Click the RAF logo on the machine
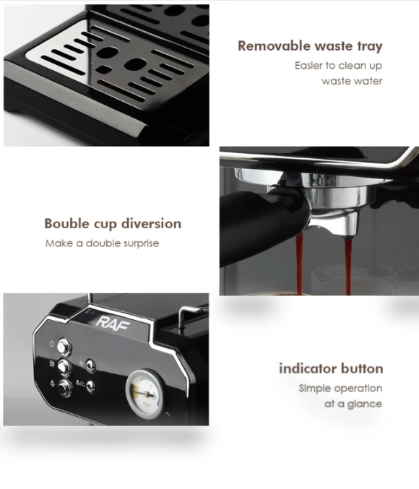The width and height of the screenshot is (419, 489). point(113,322)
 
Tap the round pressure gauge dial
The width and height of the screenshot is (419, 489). point(144,394)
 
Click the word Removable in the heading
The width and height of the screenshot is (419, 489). point(273,46)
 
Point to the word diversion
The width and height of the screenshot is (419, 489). point(151,224)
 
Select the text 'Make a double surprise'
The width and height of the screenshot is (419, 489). point(102,243)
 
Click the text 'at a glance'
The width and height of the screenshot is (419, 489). point(353,404)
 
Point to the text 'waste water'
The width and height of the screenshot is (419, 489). point(352,81)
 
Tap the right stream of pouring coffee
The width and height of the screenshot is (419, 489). point(348,266)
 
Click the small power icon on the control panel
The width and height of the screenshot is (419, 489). point(52,344)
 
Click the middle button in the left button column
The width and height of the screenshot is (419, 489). point(64,367)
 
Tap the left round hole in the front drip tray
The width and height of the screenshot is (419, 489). point(107,53)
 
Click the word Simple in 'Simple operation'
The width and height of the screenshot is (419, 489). point(314,389)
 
